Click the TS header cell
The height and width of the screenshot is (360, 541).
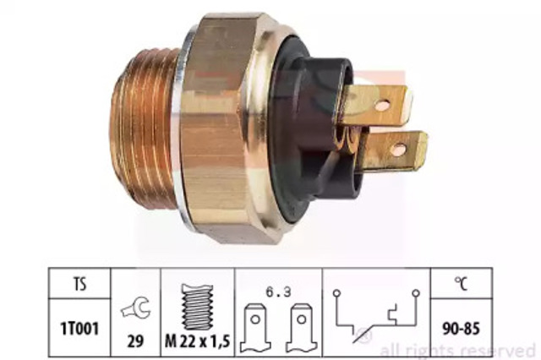79,283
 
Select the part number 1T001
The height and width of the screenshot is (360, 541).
79,329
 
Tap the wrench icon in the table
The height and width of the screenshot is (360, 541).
135,308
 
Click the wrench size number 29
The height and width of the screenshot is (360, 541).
135,341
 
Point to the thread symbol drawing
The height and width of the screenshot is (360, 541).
197,307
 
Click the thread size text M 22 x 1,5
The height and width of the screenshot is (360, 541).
197,341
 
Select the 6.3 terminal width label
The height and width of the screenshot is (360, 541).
278,292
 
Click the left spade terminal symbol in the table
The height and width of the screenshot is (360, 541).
255,328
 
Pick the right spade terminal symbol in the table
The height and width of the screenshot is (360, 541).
302,328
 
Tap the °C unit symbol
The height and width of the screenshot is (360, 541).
462,283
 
